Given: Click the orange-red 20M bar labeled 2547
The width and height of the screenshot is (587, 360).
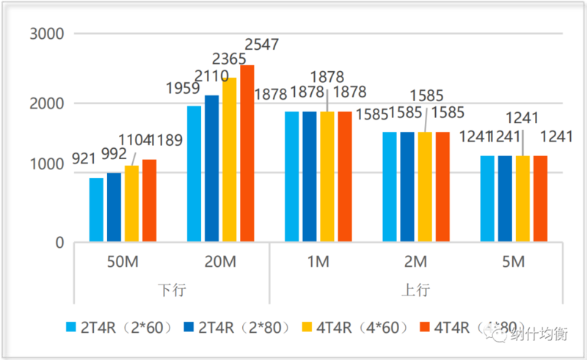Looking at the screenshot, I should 247,153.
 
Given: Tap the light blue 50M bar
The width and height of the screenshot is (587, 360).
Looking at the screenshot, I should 96,210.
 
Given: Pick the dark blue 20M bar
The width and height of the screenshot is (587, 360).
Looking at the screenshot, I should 212,169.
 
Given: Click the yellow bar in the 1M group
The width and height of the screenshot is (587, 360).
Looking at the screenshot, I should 327,177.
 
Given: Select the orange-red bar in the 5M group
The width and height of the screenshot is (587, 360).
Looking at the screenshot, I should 540,199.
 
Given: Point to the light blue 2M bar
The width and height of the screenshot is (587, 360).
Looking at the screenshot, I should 390,187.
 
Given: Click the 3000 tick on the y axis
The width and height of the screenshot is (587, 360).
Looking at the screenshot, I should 47,34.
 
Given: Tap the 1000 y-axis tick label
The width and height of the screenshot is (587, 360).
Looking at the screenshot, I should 47,173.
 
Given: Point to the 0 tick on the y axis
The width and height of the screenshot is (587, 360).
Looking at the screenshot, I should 59,243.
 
